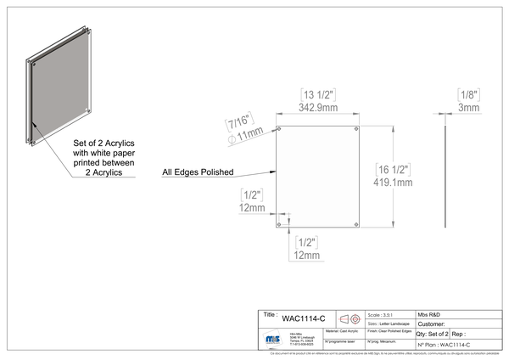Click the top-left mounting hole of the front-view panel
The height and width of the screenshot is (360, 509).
[279, 129]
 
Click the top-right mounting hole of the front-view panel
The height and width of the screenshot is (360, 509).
[357, 129]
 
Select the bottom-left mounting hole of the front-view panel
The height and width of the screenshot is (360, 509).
[279, 224]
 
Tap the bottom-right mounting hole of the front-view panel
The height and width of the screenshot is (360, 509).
[357, 224]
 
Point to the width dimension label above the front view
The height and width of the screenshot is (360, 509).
[318, 95]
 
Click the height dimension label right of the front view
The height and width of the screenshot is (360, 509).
[395, 173]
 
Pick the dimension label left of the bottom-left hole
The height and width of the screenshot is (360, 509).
[252, 200]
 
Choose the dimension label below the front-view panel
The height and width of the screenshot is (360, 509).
[305, 247]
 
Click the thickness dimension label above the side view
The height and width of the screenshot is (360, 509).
[469, 98]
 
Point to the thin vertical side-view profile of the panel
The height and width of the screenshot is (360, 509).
[443, 174]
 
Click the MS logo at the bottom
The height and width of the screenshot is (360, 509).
[272, 339]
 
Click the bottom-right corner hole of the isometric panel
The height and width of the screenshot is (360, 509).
[90, 115]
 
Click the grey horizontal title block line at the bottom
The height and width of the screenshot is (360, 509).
[382, 311]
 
